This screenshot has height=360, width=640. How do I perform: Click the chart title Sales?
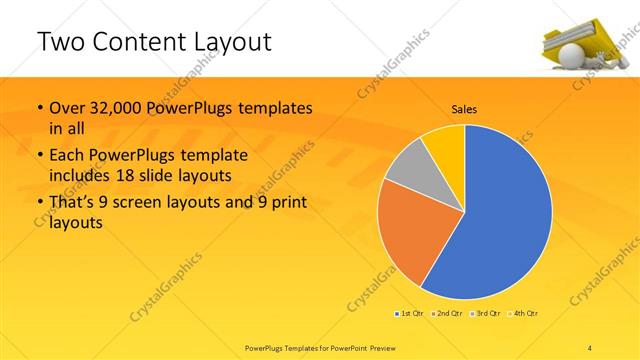(x=464, y=109)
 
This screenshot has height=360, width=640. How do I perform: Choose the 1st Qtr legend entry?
(x=409, y=314)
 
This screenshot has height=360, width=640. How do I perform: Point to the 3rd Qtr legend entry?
(x=487, y=314)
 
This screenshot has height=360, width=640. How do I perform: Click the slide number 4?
(x=591, y=346)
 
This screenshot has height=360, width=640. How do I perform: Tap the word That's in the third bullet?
(x=73, y=204)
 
